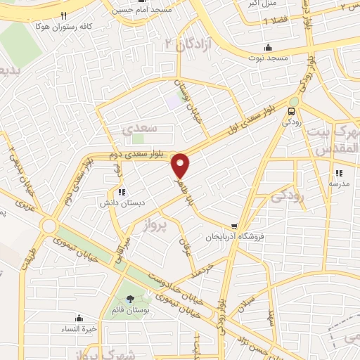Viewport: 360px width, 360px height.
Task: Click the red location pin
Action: (181, 165)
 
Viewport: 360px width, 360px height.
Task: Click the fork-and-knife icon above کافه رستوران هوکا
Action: (63, 15)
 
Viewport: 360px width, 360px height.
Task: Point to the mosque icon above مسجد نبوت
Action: (269, 48)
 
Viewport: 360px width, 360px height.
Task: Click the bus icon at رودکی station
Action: (291, 110)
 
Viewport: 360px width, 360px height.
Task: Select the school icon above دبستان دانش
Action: (122, 191)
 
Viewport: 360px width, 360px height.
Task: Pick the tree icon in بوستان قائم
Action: (130, 298)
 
